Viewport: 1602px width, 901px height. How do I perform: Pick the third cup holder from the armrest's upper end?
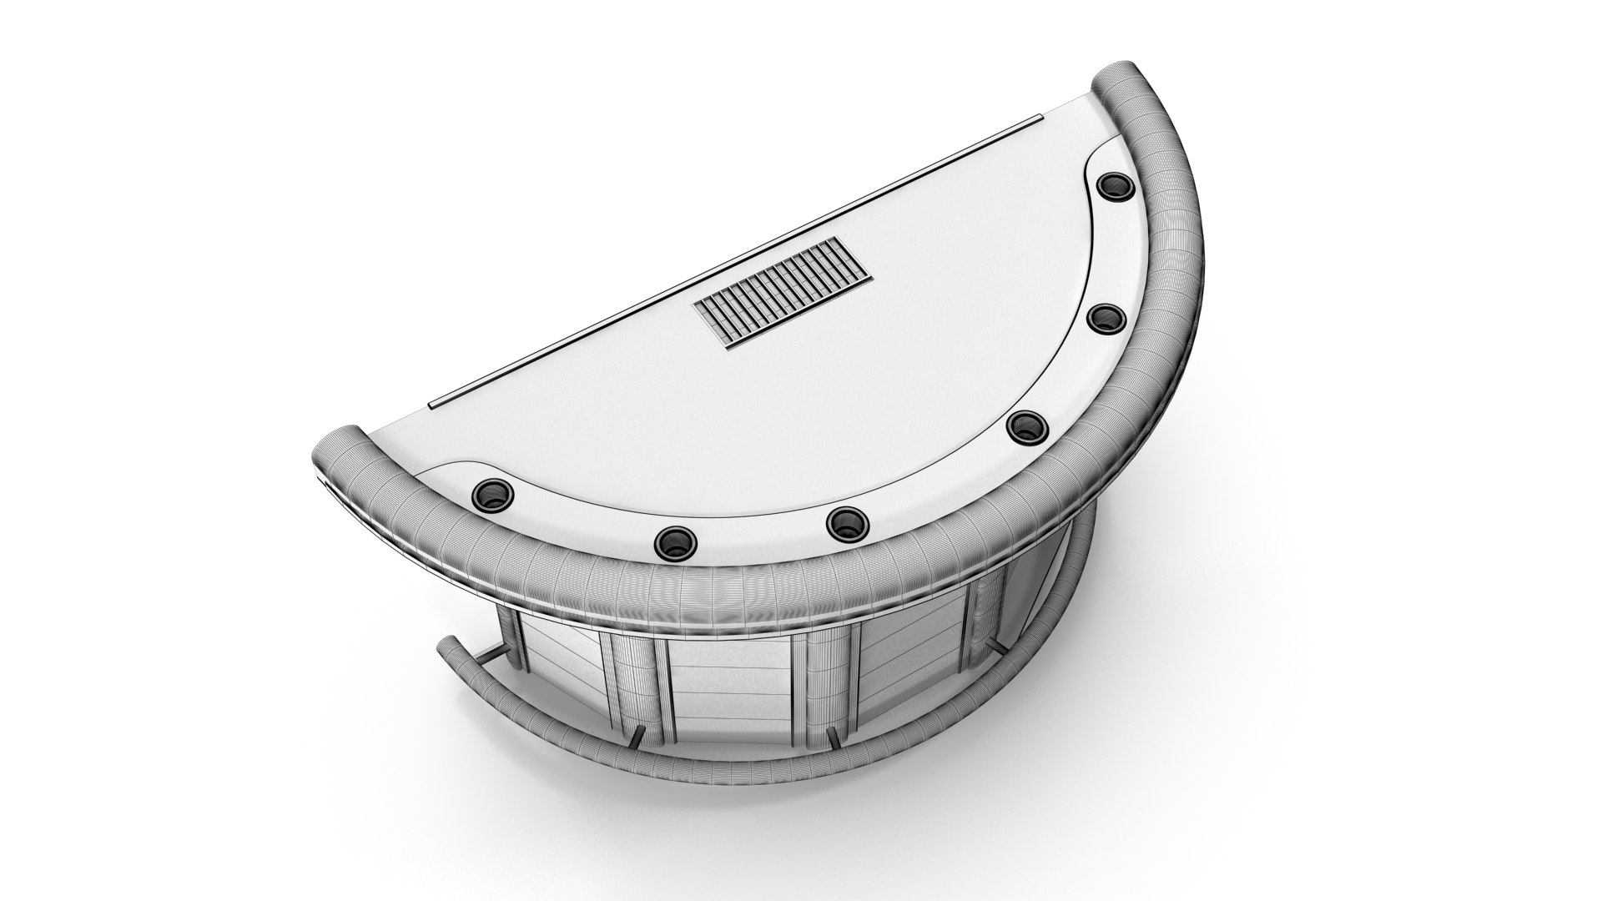point(1026,426)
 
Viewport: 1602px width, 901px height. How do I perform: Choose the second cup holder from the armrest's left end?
point(674,543)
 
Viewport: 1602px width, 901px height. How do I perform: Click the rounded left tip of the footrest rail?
point(447,647)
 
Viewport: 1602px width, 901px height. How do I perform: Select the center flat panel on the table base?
point(730,697)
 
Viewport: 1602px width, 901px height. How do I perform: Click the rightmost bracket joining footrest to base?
point(995,647)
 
